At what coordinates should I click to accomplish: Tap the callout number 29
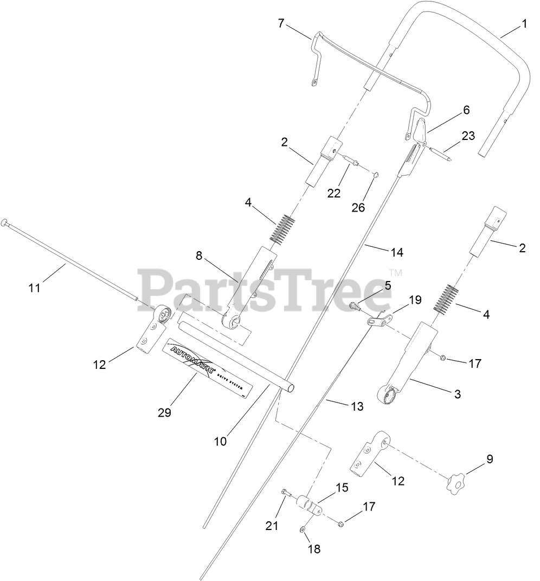tap(164, 412)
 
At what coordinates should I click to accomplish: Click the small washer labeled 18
tap(303, 529)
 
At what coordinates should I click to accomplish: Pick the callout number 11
tap(35, 288)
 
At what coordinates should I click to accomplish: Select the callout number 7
tap(281, 23)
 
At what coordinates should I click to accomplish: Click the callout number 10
tap(220, 442)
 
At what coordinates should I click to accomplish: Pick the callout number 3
tap(457, 394)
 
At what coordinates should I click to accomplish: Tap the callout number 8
tap(199, 256)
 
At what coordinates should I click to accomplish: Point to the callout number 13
tap(356, 406)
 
